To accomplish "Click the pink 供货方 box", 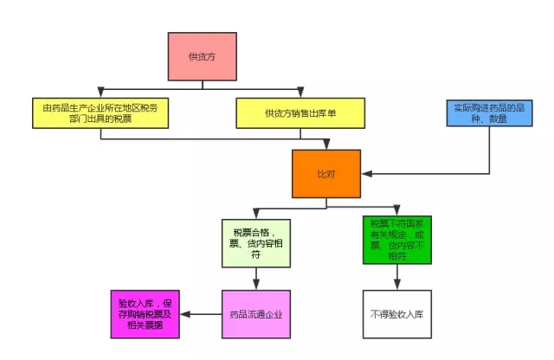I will (203, 56).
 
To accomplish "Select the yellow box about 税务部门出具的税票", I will (100, 112).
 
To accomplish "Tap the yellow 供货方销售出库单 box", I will (296, 112).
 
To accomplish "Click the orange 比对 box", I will (325, 174).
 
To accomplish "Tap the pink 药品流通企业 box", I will (256, 313).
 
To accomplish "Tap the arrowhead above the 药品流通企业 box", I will (256, 284).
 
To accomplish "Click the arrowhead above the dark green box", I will (396, 213).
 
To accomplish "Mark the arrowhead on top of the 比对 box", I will (325, 145).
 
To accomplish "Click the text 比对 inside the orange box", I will (325, 174).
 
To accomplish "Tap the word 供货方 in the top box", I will (201, 56).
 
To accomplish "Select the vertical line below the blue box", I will (490, 151).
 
